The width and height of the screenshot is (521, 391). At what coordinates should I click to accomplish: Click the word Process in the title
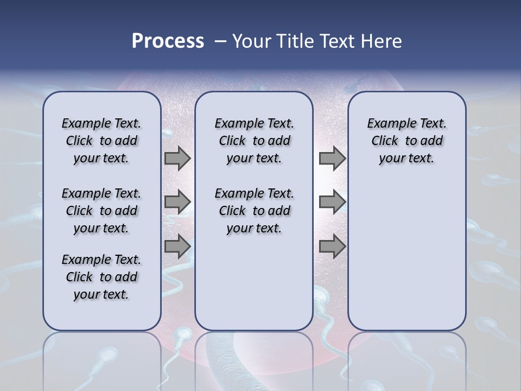coord(168,41)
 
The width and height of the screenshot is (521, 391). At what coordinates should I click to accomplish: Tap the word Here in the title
coord(380,41)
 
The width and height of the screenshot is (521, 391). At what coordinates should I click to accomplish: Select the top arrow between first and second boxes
coord(177,158)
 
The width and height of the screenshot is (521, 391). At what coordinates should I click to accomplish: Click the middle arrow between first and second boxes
coord(177,202)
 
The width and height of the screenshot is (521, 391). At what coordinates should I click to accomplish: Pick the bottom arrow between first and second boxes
coord(177,247)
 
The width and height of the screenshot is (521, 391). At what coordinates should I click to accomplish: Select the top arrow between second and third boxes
coord(332,158)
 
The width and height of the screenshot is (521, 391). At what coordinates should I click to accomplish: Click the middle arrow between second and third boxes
coord(332,202)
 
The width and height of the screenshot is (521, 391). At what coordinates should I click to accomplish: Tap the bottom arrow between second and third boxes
coord(332,247)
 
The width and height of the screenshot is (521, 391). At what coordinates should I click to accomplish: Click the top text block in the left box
coord(101,141)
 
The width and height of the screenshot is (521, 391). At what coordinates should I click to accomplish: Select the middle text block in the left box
coord(101,211)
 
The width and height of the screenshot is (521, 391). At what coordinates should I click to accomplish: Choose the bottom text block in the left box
coord(101,277)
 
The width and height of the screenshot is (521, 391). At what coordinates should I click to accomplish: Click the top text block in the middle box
coord(254,141)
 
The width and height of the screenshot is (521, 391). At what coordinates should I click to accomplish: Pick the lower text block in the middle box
coord(254,211)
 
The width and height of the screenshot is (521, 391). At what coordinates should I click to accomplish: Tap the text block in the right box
coord(407,141)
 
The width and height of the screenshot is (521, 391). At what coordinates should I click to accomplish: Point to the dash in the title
coord(220,41)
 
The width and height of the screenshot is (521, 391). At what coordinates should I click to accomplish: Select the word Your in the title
coord(251,41)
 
